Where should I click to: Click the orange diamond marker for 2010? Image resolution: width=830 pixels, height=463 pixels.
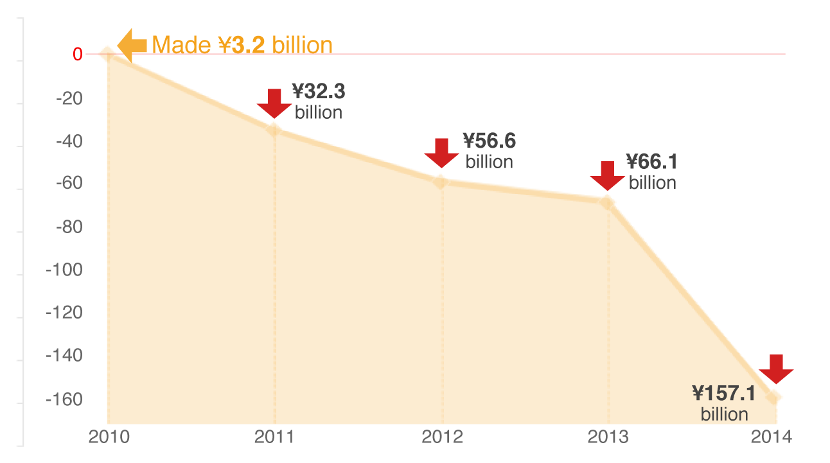tap(108, 54)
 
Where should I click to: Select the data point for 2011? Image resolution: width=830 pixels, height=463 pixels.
tap(274, 130)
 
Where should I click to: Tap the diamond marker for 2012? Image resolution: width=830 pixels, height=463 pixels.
tap(441, 182)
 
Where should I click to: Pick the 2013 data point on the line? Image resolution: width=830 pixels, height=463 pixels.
tap(607, 202)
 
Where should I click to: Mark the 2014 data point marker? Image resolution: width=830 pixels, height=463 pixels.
tap(773, 397)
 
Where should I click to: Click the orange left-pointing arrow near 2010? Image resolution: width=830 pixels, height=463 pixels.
tap(132, 44)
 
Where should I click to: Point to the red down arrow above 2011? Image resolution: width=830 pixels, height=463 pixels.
tap(274, 103)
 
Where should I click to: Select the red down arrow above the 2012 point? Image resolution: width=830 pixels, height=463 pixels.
tap(441, 153)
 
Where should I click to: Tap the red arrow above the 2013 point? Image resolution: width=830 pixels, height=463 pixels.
tap(607, 175)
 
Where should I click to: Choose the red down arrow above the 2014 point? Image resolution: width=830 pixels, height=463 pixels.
tap(776, 369)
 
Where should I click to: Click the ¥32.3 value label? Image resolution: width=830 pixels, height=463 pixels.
tap(319, 91)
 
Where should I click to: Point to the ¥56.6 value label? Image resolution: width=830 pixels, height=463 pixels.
tap(490, 140)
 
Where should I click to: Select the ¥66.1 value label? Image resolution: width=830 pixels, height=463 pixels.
tap(652, 161)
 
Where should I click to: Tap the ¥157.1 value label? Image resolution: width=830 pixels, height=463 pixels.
tap(724, 393)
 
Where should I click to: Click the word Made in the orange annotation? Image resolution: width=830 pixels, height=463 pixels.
tap(179, 45)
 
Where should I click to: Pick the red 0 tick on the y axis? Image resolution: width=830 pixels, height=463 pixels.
tap(77, 55)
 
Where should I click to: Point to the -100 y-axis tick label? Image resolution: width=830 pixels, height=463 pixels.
tap(64, 270)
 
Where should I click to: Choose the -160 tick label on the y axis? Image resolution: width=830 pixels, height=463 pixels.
tap(64, 399)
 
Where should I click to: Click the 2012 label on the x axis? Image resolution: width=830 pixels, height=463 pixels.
tap(442, 437)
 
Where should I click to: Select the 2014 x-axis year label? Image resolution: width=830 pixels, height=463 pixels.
tap(772, 437)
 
